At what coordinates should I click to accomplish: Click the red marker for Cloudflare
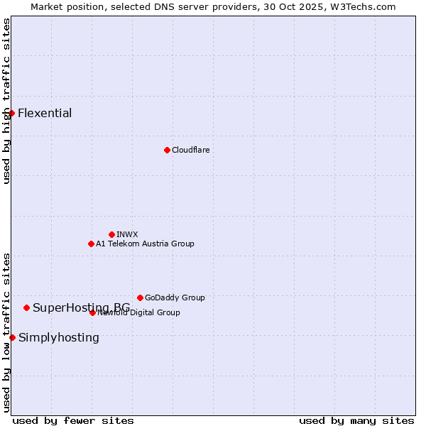(167, 150)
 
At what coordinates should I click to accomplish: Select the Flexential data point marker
(11, 113)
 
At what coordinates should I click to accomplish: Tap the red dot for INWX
(111, 234)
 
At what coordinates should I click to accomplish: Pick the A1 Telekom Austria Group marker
(91, 244)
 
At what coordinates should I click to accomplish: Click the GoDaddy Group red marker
(140, 297)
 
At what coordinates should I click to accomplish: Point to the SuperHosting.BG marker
(26, 307)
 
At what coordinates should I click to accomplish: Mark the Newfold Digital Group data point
(92, 312)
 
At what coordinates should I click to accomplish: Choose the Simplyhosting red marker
(12, 337)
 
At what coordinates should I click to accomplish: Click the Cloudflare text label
(190, 150)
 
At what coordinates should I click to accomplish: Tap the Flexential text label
(45, 113)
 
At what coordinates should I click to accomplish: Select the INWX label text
(127, 234)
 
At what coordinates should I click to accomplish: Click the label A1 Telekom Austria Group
(145, 244)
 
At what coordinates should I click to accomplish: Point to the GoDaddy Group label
(175, 297)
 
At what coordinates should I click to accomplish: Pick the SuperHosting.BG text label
(81, 307)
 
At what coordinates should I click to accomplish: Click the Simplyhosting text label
(59, 337)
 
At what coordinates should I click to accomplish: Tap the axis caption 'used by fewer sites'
(73, 420)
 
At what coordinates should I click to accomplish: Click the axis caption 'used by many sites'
(356, 420)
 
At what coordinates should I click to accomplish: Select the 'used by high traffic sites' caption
(6, 101)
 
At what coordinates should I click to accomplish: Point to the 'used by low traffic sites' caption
(6, 332)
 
